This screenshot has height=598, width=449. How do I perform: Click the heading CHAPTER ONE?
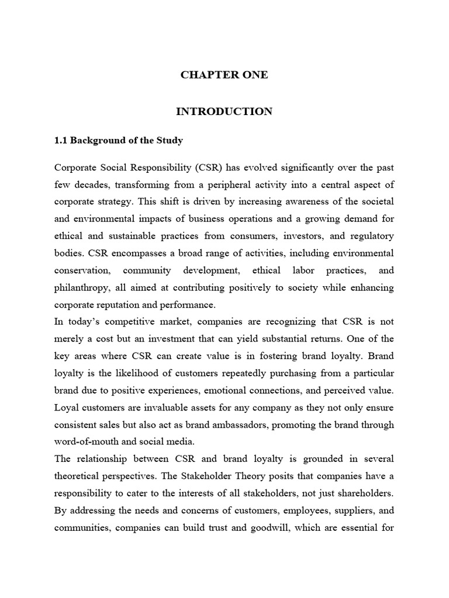point(224,75)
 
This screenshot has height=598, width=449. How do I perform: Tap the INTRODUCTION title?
point(224,111)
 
